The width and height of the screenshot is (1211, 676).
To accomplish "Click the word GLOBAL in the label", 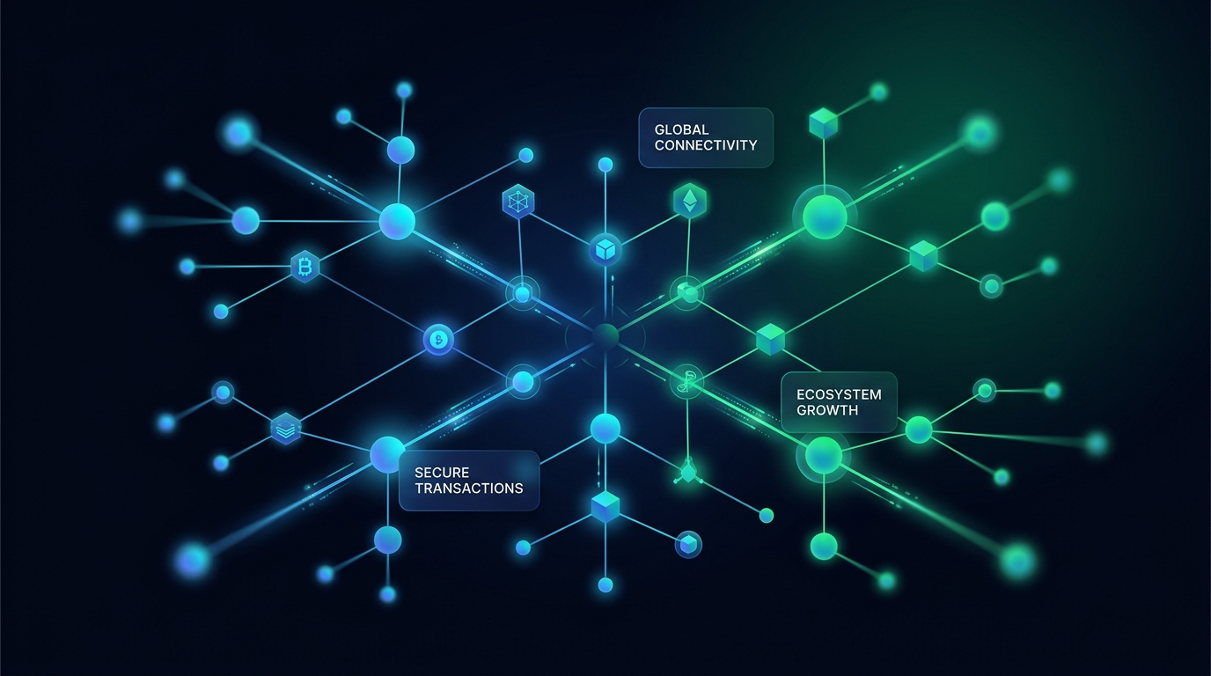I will [682, 129].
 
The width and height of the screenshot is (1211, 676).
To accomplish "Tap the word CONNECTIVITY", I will [706, 145].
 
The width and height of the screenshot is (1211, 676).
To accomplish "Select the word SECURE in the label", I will [442, 473].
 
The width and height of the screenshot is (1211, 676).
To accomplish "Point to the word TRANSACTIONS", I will [468, 489].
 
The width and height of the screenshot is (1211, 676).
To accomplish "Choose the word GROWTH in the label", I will [827, 410].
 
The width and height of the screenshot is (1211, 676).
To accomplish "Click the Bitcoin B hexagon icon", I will [305, 266].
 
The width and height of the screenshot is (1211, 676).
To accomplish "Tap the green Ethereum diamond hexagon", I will [690, 202].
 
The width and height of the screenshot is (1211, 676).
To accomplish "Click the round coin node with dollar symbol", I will [438, 339].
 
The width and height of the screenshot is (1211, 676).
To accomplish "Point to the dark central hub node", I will [605, 335].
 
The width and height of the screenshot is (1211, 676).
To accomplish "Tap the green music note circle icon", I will [686, 381].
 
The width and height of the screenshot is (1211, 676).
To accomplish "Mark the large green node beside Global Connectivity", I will [825, 215].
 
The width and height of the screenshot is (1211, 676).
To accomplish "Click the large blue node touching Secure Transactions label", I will [387, 454].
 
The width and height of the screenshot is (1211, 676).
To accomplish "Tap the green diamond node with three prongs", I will [687, 473].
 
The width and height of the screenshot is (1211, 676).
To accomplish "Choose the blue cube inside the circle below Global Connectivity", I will [605, 249].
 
